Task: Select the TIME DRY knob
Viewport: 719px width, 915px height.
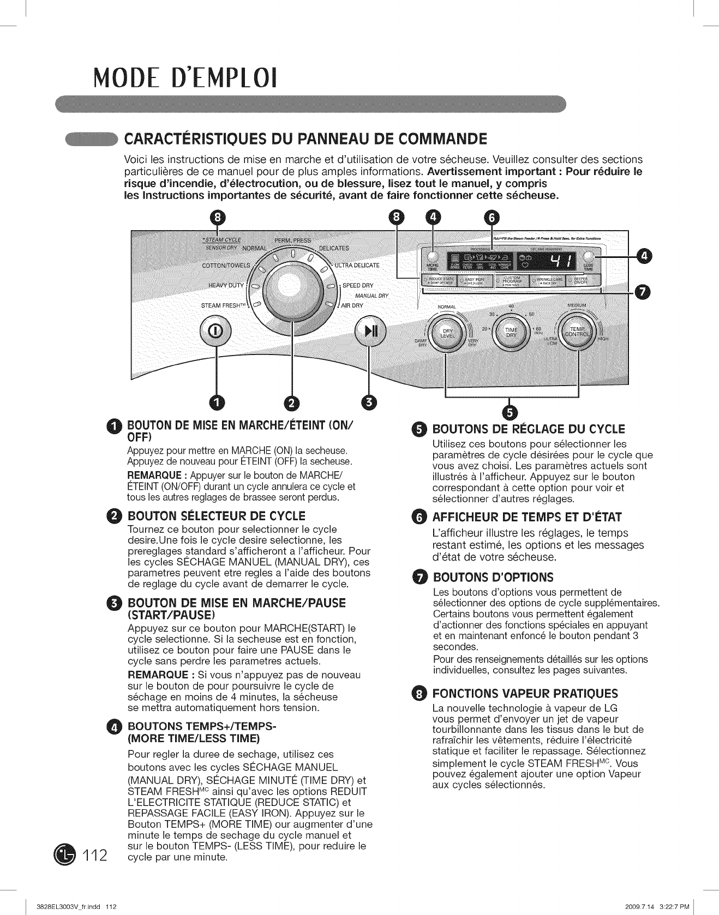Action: point(511,334)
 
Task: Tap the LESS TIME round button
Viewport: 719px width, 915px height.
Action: point(588,258)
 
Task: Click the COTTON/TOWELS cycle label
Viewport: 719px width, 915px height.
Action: point(226,266)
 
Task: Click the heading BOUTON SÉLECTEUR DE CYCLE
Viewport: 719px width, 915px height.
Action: point(216,516)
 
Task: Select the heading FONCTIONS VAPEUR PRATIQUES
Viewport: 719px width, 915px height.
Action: point(525,694)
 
